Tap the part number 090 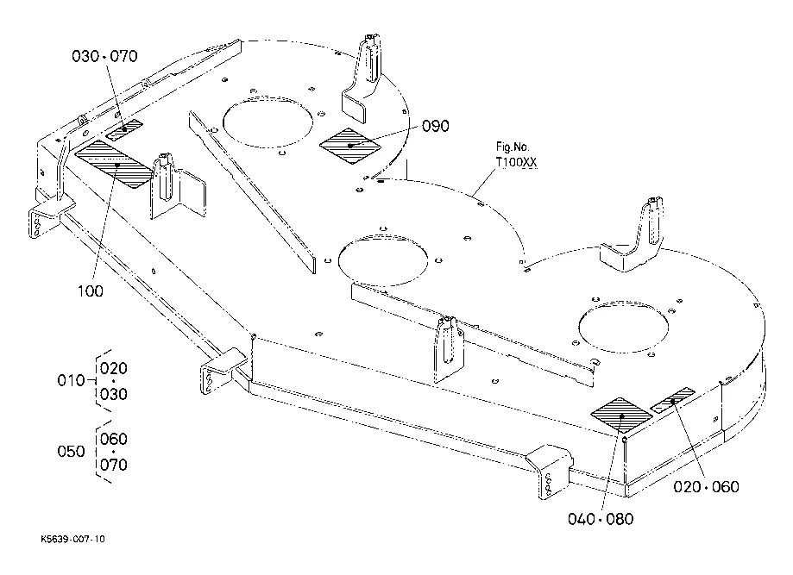coord(436,127)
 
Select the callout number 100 coord(90,291)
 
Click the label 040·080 coord(601,519)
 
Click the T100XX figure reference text coord(514,162)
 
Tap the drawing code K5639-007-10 coord(72,539)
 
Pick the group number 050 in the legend coord(70,452)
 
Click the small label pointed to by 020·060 coord(672,401)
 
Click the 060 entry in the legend coord(114,439)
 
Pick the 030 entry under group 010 coord(114,394)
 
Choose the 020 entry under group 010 coord(114,367)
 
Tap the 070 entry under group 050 coord(114,466)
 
